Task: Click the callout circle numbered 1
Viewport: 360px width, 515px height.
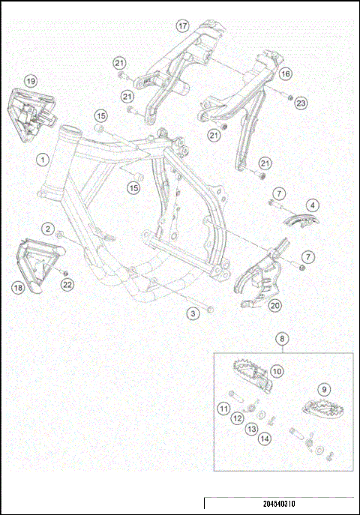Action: point(44,160)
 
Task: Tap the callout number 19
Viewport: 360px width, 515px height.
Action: point(30,80)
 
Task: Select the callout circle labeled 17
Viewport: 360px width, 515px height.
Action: point(182,25)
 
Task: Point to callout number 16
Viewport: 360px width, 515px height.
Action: point(285,74)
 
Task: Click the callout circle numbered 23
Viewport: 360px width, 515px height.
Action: point(301,103)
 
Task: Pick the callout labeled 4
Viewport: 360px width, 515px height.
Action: point(311,203)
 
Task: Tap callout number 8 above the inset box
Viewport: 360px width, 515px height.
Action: point(282,339)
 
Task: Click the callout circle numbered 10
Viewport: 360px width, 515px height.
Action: point(277,370)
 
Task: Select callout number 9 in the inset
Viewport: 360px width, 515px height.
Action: point(324,389)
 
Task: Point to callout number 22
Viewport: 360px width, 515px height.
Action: point(67,284)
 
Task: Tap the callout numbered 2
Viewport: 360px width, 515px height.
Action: point(47,229)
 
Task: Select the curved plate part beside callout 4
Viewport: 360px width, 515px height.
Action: point(304,219)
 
